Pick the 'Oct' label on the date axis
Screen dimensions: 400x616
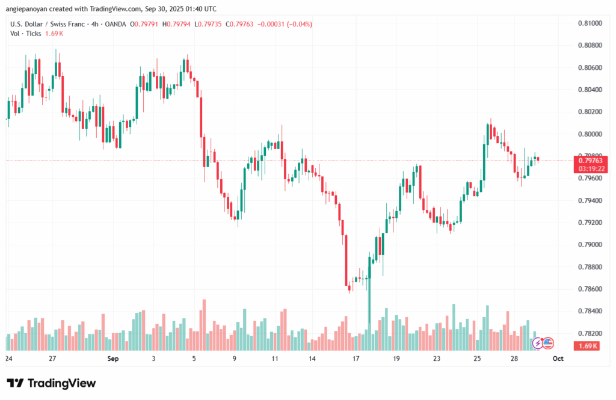tap(558, 358)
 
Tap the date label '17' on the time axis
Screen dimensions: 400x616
tap(356, 358)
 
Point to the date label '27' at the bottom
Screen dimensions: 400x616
tap(53, 358)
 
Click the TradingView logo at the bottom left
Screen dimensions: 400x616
tap(51, 383)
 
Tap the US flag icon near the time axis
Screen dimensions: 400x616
tap(547, 343)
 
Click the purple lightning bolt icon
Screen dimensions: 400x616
tap(537, 343)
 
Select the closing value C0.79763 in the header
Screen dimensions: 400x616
tap(237, 24)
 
